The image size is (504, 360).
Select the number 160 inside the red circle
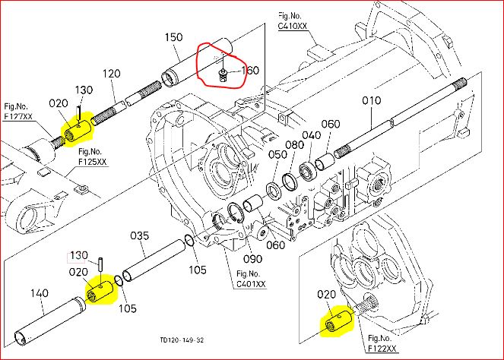click(250, 71)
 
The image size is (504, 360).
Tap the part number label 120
click(112, 74)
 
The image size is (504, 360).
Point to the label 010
click(372, 100)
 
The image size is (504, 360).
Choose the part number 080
click(294, 145)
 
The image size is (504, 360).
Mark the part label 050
click(277, 155)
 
